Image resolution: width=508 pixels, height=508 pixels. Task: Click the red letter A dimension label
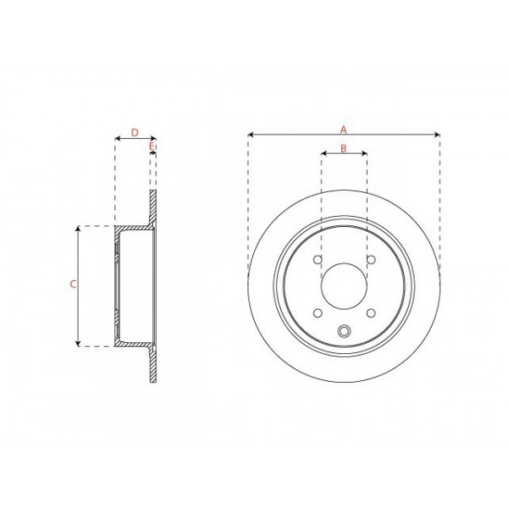(344, 129)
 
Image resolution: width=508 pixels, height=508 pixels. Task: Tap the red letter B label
(343, 148)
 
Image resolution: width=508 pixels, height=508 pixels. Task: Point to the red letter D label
(135, 132)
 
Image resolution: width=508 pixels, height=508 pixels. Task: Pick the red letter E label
(152, 148)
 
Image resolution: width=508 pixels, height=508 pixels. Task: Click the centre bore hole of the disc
(344, 286)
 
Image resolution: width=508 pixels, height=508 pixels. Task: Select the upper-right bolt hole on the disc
(370, 261)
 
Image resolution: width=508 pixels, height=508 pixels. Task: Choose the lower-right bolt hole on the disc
(370, 312)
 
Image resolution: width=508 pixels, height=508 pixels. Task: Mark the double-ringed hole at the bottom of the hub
(344, 332)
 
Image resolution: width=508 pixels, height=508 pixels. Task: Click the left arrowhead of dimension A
(251, 135)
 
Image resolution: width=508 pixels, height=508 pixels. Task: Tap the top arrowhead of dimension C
(78, 229)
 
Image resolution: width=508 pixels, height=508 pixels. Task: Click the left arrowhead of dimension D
(117, 139)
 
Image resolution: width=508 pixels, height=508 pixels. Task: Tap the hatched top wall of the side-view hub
(132, 229)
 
